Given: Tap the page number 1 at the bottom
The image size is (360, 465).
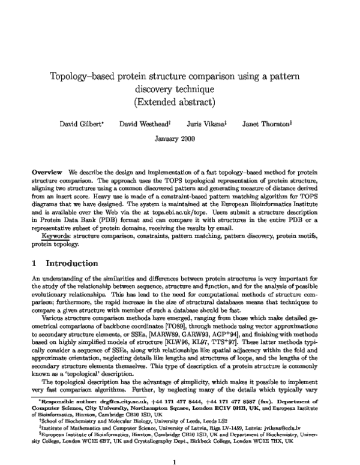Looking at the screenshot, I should point(175,445).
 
